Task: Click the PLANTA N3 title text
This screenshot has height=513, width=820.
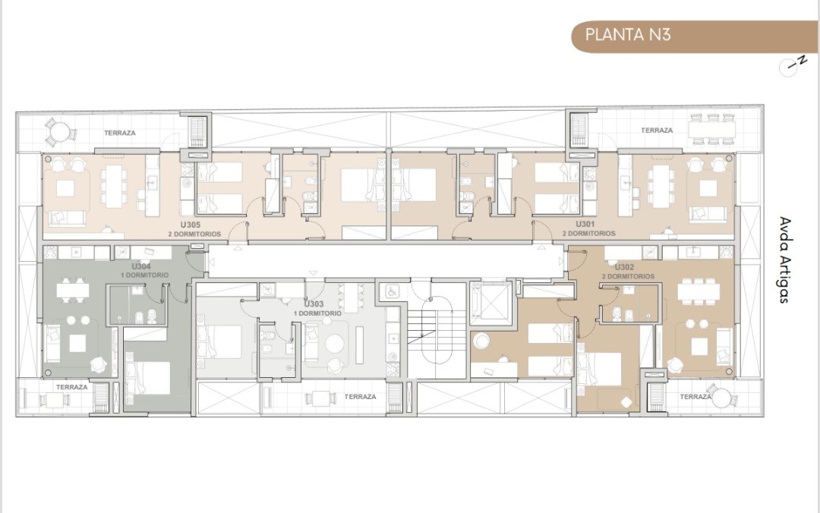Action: click(x=628, y=35)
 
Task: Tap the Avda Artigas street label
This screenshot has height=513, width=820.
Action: click(x=784, y=260)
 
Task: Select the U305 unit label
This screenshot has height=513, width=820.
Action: click(x=191, y=225)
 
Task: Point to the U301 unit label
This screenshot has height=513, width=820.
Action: click(x=585, y=225)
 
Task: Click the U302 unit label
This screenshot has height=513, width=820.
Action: click(x=624, y=267)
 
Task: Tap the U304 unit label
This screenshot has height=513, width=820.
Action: click(x=141, y=266)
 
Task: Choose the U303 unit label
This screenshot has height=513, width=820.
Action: click(x=314, y=304)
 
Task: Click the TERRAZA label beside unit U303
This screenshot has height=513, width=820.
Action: click(x=361, y=397)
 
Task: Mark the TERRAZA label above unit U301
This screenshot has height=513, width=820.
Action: click(x=657, y=131)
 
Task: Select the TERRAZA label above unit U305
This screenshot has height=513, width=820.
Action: click(x=120, y=134)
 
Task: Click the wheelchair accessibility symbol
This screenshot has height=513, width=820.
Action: click(x=391, y=292)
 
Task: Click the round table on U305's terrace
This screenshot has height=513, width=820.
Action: click(x=60, y=131)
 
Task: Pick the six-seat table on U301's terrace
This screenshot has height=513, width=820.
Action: click(x=711, y=129)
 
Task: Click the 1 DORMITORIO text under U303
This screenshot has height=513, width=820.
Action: click(x=317, y=313)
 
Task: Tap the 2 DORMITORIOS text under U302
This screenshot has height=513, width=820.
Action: click(x=628, y=276)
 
